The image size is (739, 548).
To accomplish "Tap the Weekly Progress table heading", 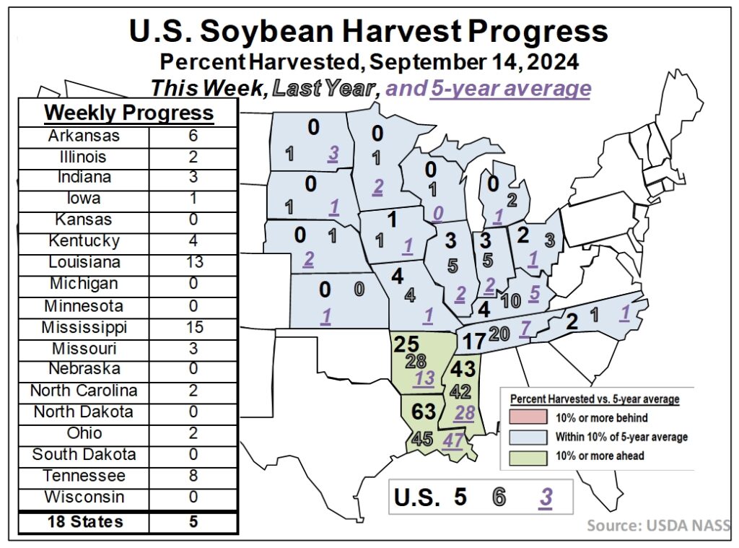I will pos(128,113).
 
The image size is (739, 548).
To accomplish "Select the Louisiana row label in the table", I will pos(84,262).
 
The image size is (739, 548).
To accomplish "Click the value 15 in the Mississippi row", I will pos(193,326).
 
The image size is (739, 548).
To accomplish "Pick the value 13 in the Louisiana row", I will pos(193,262).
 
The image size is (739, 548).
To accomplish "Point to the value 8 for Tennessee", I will pos(193,476).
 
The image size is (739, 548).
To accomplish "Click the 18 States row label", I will pos(84,521).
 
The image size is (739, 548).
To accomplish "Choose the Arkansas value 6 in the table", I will pos(193,135).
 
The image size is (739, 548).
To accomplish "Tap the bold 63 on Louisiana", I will pos(424,411).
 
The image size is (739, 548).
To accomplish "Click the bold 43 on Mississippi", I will pos(463,369).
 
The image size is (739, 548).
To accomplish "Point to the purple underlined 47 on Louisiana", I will pos(452,440).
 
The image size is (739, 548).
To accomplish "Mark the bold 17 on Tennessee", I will pos(474,339).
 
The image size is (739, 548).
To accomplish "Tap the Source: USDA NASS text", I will pos(658,525).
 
